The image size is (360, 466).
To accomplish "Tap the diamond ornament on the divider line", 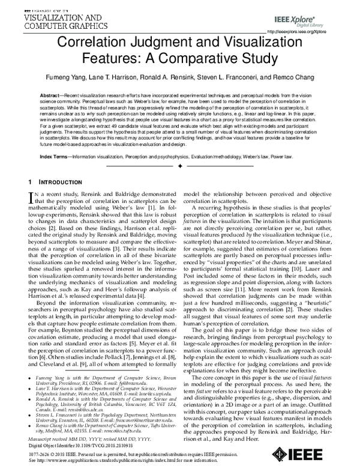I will (180, 165).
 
